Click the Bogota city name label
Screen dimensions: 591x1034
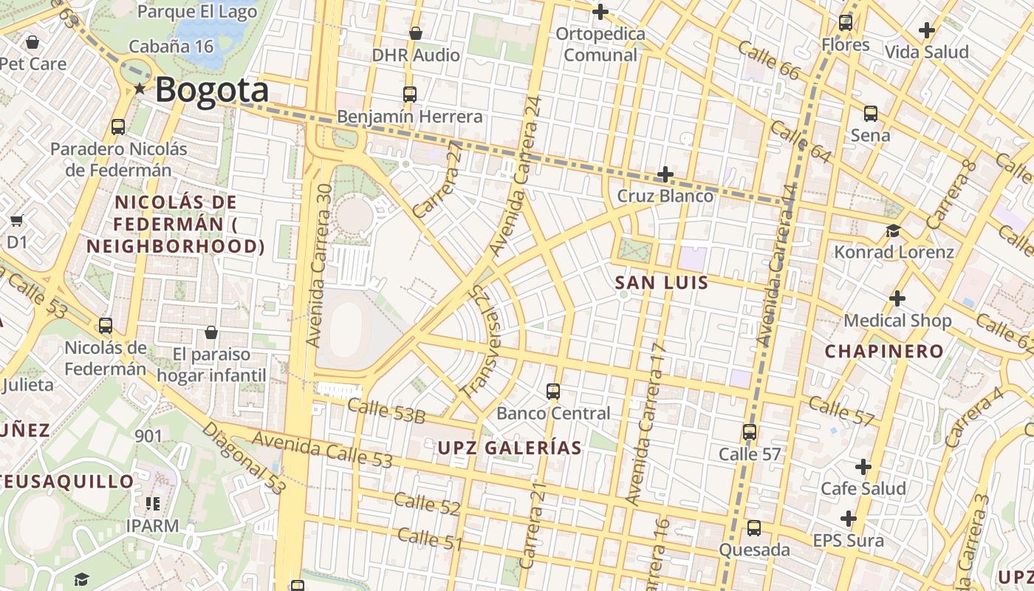211,90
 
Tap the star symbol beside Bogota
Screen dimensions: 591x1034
140,89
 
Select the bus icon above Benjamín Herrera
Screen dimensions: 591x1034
410,95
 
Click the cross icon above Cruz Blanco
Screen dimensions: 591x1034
665,174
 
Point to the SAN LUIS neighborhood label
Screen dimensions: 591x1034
662,282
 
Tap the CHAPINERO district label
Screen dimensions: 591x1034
884,351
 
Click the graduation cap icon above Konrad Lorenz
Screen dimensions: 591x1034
893,230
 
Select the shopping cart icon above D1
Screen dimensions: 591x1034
16,220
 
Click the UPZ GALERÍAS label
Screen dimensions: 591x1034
510,448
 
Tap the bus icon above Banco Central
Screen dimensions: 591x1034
553,392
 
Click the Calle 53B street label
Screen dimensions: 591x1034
386,411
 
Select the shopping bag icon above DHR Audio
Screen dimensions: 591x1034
416,33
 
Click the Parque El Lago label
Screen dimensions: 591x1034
197,11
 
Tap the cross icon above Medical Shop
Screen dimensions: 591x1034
897,298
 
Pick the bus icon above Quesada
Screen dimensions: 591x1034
754,528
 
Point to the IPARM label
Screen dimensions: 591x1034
152,526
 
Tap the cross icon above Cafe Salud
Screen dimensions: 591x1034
863,467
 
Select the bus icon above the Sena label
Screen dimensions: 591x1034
871,114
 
